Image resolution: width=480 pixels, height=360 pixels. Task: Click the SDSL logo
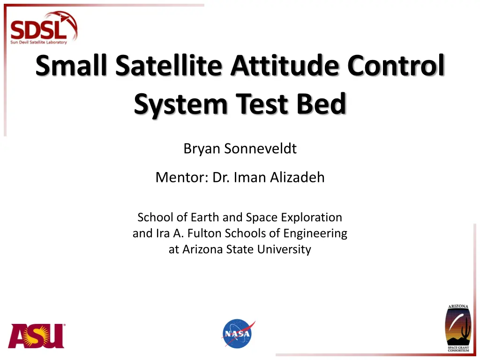[x=44, y=28]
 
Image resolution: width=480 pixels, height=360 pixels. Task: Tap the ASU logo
[x=37, y=336]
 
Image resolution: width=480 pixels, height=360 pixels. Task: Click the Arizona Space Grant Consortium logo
[x=458, y=328]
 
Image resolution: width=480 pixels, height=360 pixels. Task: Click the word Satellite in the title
[x=168, y=65]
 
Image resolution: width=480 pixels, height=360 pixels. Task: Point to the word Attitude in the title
[x=285, y=65]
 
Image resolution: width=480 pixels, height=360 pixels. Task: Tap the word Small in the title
[x=71, y=65]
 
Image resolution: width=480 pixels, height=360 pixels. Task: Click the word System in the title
[x=180, y=105]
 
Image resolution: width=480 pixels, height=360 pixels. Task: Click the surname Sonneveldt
[x=261, y=149]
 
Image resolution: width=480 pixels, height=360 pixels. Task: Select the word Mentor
[x=182, y=178]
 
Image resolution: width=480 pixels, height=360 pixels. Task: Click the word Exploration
[x=312, y=217]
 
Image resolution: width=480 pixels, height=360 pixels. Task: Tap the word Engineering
[x=315, y=234]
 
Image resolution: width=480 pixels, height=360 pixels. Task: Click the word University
[x=284, y=249]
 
